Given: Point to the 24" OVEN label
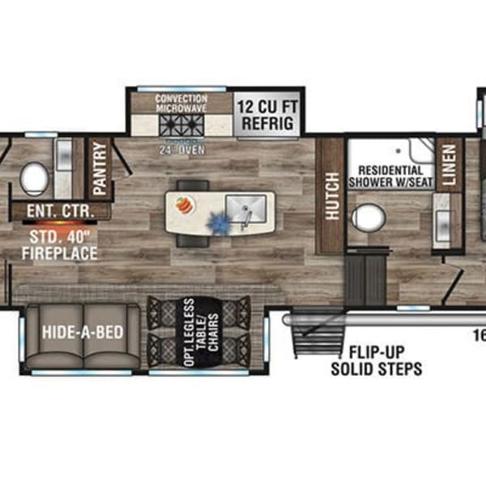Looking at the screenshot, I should click(x=181, y=149).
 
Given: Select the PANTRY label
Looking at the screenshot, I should click(x=100, y=168).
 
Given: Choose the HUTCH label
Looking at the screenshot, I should click(x=330, y=194).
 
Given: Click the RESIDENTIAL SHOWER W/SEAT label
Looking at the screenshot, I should click(x=390, y=176).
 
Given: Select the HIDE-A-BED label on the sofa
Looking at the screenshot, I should click(x=82, y=330).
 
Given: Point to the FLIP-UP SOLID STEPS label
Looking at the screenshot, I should click(x=376, y=361).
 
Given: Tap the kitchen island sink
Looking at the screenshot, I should click(x=243, y=207).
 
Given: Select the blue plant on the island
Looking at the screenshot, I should click(x=217, y=220).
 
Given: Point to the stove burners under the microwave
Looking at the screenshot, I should click(x=181, y=127).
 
